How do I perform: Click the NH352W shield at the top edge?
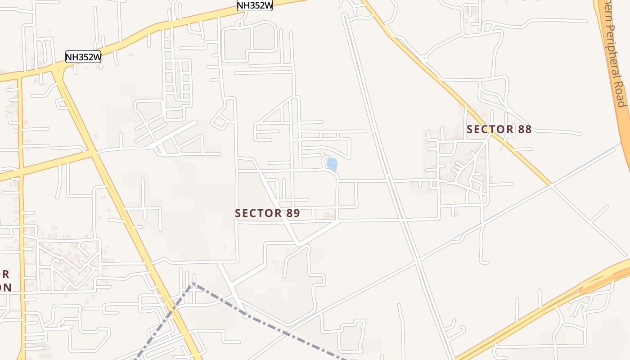coord(255,5)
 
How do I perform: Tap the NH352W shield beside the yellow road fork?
coord(83,57)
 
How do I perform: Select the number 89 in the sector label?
coord(293,213)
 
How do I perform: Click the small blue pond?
coord(332,165)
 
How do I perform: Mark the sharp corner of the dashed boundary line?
coord(193,283)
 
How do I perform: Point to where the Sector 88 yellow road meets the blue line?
coord(550,184)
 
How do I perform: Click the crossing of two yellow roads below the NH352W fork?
coord(94,153)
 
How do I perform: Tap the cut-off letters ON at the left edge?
coord(5,287)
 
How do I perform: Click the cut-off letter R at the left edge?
coord(5,274)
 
